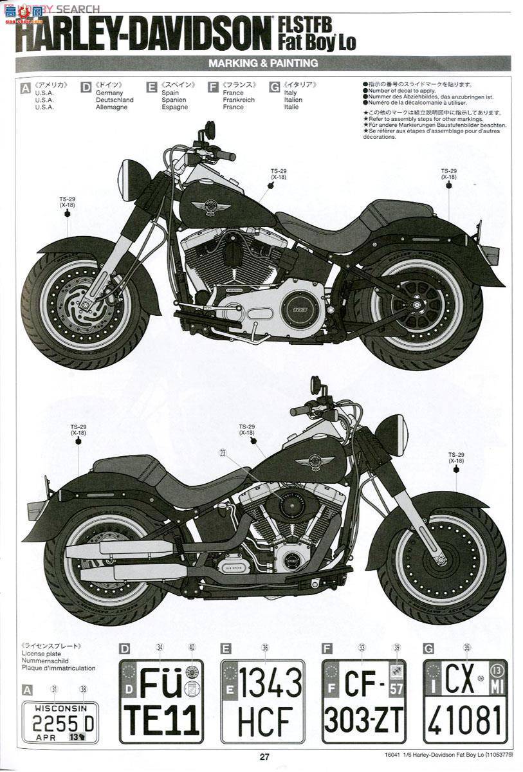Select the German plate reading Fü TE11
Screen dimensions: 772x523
(x=161, y=701)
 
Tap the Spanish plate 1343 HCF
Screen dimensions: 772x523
(x=262, y=701)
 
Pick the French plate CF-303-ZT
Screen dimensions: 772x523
(x=363, y=701)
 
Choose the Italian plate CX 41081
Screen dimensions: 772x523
(x=464, y=701)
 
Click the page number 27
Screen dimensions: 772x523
(x=264, y=757)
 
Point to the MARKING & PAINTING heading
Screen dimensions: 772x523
(x=262, y=63)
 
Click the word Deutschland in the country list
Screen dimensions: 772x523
(x=115, y=100)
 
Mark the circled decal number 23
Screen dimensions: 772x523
(x=223, y=453)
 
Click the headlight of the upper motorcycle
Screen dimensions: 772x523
(x=132, y=179)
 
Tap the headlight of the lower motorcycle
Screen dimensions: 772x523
(x=394, y=435)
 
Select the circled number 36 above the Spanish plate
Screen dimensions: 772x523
(x=264, y=648)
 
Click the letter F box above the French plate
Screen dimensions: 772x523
(x=327, y=648)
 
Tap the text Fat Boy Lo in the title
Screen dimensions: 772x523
(x=317, y=44)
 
